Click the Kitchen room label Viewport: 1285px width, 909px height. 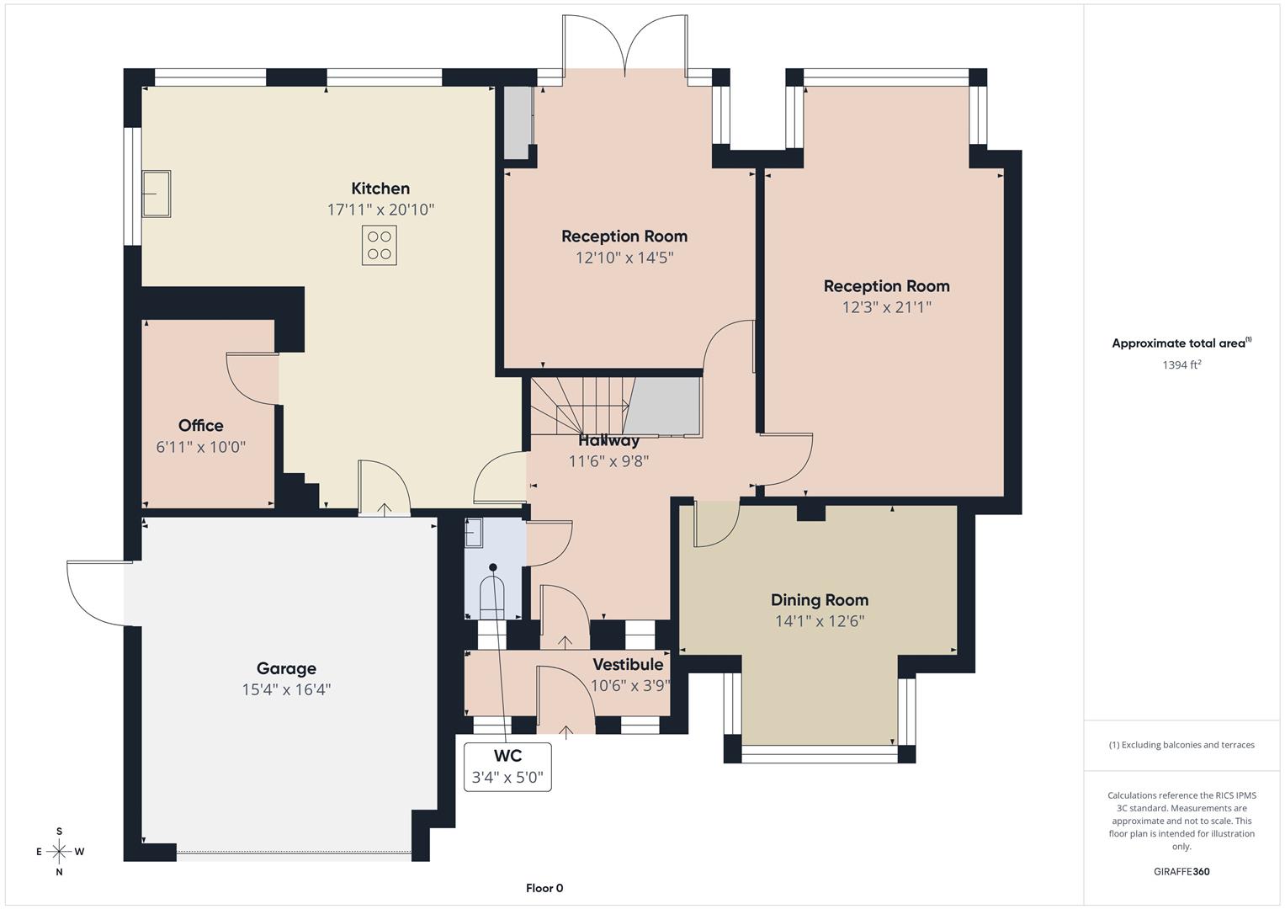point(380,189)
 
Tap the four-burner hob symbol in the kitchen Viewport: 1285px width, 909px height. point(380,246)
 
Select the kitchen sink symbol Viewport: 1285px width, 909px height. point(157,194)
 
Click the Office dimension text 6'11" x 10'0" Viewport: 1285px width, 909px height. point(201,447)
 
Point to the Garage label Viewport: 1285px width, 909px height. point(286,668)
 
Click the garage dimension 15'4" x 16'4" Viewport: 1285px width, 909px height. point(286,690)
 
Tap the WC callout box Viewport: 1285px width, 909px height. point(508,767)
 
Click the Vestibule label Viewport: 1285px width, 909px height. point(628,665)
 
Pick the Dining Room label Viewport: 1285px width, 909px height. point(820,600)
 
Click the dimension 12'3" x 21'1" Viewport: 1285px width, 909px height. point(886,308)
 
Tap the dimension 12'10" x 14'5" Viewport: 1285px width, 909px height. point(624,258)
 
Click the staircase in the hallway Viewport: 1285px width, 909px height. point(581,404)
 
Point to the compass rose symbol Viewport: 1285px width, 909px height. point(59,852)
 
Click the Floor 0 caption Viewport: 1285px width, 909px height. point(544,888)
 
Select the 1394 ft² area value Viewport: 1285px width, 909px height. point(1181,365)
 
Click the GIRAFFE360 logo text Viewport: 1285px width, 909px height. point(1181,872)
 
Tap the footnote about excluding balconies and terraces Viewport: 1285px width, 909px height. point(1181,745)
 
